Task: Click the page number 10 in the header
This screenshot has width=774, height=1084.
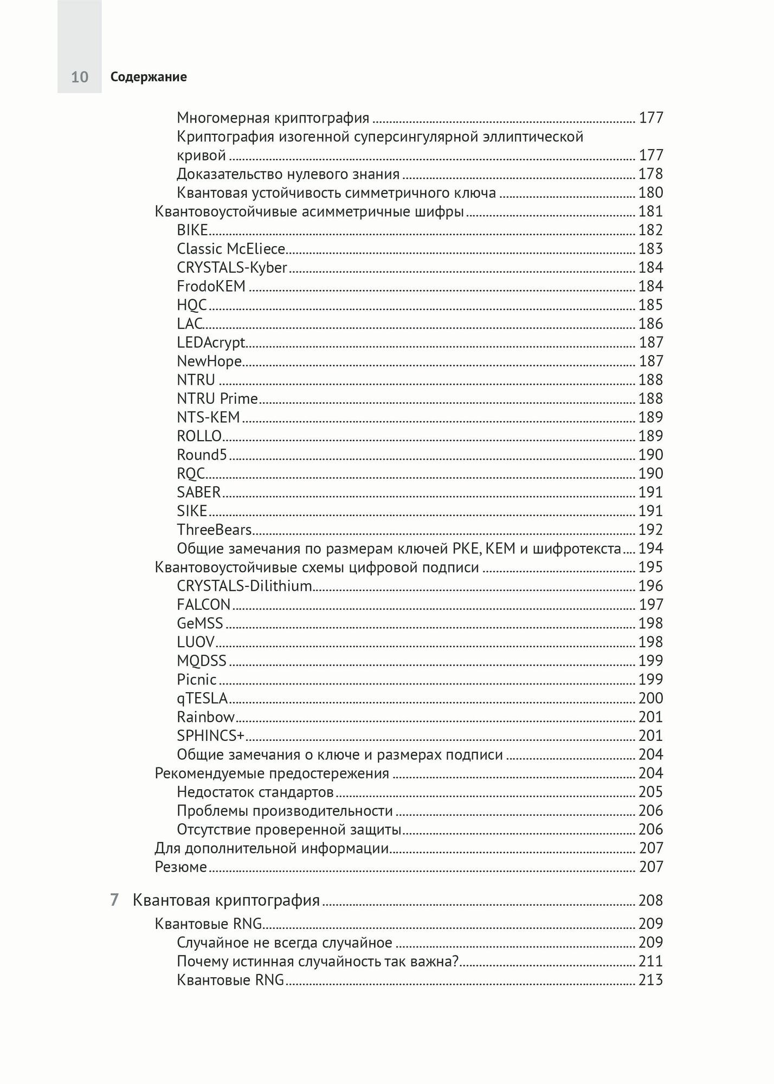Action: coord(80,77)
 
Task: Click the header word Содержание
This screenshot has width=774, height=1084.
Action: coord(148,77)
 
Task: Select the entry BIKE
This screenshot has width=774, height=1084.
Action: coord(192,230)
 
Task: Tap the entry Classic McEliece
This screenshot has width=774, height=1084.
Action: coord(231,249)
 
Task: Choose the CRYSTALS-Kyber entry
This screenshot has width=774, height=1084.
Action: coord(232,267)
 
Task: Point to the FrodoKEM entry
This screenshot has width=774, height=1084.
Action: coord(211,286)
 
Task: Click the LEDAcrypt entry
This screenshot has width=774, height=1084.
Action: coord(211,343)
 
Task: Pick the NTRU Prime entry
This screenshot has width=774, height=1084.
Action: coord(217,398)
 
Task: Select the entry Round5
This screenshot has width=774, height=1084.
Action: coord(202,455)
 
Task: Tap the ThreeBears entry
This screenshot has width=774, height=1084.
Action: coord(214,530)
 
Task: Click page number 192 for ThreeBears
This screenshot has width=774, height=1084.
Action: coord(650,530)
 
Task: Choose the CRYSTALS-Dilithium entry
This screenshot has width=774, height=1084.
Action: coord(244,586)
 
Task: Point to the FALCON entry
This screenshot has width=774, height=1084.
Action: coord(203,604)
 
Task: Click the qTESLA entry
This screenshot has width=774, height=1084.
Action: coord(202,698)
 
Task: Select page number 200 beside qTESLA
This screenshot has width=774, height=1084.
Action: coord(650,698)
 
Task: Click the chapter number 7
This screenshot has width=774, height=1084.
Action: coord(114,900)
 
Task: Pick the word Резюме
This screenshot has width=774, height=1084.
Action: coord(181,867)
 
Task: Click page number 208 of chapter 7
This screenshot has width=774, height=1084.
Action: coord(650,900)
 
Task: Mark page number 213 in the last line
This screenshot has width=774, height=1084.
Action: coord(650,980)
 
